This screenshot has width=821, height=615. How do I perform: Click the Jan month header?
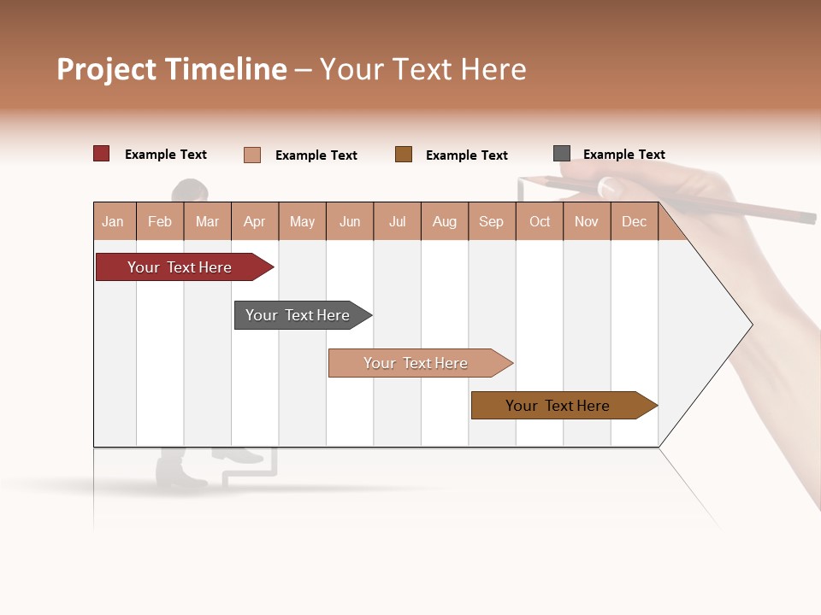pyautogui.click(x=114, y=221)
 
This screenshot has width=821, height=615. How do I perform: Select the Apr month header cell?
pyautogui.click(x=255, y=221)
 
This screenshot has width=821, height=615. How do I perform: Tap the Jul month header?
pyautogui.click(x=397, y=221)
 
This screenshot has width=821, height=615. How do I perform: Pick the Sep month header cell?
pyautogui.click(x=492, y=221)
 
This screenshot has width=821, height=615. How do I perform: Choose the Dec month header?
pyautogui.click(x=634, y=221)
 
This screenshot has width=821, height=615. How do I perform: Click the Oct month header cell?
pyautogui.click(x=540, y=221)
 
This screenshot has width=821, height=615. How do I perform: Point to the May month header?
pyautogui.click(x=302, y=221)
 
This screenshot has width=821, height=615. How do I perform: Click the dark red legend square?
pyautogui.click(x=102, y=154)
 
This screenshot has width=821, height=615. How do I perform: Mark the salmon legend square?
pyautogui.click(x=252, y=155)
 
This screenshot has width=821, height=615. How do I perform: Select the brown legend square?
pyautogui.click(x=404, y=154)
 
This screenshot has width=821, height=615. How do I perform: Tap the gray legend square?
pyautogui.click(x=562, y=154)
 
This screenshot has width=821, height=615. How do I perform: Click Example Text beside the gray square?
pyautogui.click(x=623, y=155)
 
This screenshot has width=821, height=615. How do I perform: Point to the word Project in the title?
pyautogui.click(x=107, y=69)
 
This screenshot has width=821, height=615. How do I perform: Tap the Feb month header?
pyautogui.click(x=160, y=221)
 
